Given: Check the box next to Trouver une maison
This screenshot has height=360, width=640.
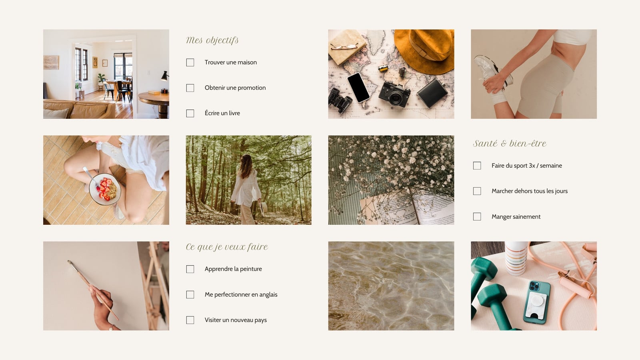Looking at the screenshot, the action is point(190,62).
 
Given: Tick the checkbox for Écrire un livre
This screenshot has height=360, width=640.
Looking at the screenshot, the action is point(190,113).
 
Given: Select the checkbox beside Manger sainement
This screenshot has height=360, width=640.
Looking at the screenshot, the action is point(477,216).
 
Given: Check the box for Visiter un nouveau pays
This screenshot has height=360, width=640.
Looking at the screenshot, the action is point(190,320).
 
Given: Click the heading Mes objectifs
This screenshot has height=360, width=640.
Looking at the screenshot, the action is point(212,40).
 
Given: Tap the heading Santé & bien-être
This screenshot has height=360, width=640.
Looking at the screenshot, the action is point(510,143).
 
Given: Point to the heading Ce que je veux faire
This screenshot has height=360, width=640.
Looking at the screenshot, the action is point(227,247).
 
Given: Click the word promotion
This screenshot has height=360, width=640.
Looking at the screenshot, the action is point(252,88).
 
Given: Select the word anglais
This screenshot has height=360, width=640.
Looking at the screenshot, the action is point(268,294).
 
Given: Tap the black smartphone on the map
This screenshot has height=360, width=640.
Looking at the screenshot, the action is point(358,88).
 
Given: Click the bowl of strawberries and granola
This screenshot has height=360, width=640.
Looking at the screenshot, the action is point(105,189).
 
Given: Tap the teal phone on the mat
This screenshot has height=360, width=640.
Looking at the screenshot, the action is point(537,302).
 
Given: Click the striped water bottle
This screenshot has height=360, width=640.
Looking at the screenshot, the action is point(516,258).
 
